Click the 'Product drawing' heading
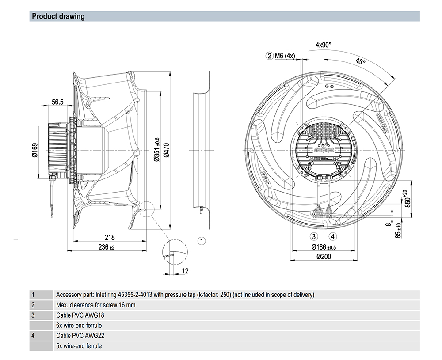click(58, 17)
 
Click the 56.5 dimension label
click(57, 102)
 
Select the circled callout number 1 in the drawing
click(201, 241)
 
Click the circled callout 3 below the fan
click(314, 236)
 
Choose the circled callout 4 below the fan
click(333, 236)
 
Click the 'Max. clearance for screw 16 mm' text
click(95, 305)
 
